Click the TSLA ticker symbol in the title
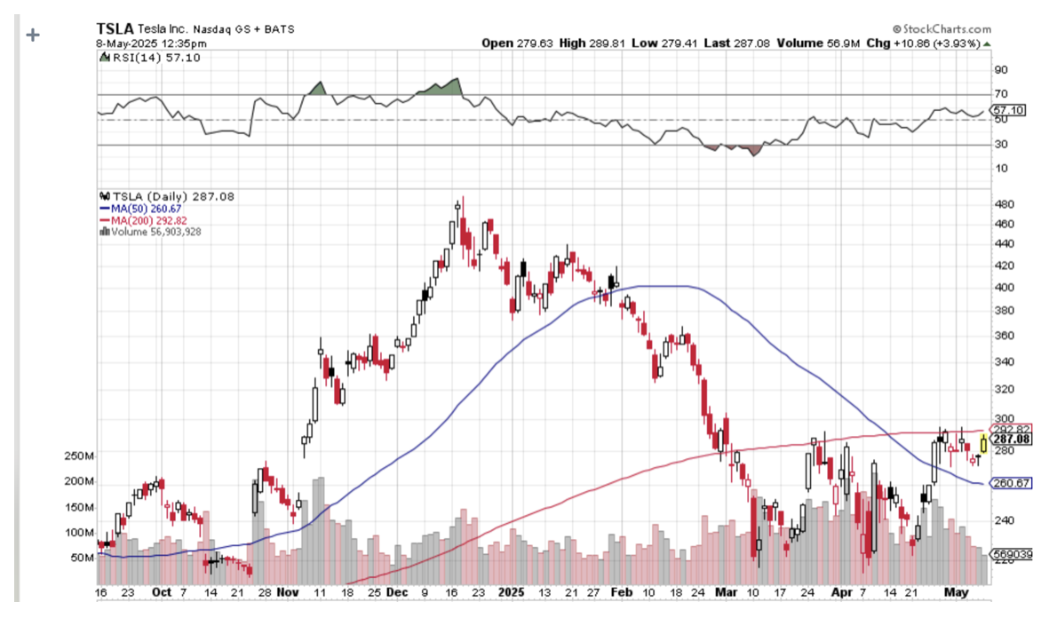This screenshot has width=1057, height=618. coord(115,28)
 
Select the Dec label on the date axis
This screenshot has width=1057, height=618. coord(398,591)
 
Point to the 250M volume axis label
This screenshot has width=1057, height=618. coord(78,456)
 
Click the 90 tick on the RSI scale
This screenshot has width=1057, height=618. coord(1000,70)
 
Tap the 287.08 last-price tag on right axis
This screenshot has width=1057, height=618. coord(1012,439)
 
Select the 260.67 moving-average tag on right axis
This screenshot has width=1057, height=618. coord(1012,484)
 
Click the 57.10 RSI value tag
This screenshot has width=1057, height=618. coord(1012,110)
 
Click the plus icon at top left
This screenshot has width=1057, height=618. coord(33,36)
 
